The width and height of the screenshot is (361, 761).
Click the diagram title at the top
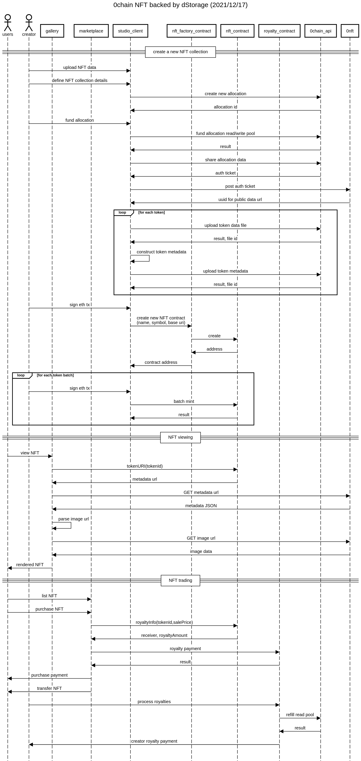click(x=180, y=5)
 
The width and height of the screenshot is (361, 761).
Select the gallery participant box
click(x=52, y=31)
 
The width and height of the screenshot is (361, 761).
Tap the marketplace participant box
click(x=91, y=31)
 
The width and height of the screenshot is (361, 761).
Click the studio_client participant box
click(x=130, y=31)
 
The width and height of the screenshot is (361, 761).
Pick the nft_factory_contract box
click(x=192, y=31)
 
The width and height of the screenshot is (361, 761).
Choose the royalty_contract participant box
click(x=279, y=31)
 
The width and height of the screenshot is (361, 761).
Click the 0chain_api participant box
click(x=321, y=31)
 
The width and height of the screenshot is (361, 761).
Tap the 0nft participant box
click(x=350, y=31)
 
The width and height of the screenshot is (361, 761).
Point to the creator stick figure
click(x=29, y=23)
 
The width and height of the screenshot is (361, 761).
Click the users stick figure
click(x=8, y=23)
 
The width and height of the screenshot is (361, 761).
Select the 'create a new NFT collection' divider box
click(x=180, y=52)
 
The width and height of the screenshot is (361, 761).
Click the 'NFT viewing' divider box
click(x=180, y=438)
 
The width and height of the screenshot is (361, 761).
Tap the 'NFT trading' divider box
click(x=180, y=581)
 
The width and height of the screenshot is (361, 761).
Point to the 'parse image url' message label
click(x=73, y=519)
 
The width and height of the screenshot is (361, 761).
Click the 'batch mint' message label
click(x=184, y=401)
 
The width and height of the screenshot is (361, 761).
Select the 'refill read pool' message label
click(x=300, y=715)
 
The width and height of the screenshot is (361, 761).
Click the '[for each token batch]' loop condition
click(x=55, y=375)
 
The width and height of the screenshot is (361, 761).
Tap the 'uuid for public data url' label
click(x=240, y=200)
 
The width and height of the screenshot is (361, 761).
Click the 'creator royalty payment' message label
click(x=154, y=741)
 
